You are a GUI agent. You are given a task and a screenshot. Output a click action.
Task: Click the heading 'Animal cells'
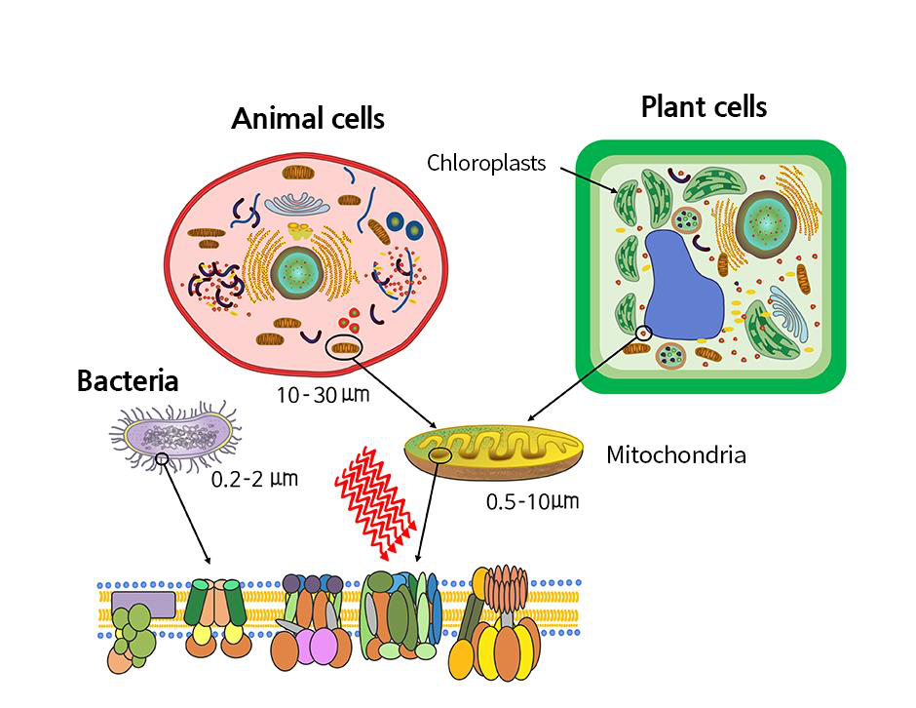point(308,119)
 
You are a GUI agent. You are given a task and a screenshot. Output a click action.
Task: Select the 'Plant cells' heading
point(704,106)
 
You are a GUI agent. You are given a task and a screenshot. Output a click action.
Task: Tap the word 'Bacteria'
point(128,380)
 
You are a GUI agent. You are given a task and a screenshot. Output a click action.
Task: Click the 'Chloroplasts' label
point(486,162)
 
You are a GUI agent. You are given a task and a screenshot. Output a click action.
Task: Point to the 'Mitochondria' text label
point(676,454)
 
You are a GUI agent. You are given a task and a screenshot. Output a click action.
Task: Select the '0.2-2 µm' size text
point(254,479)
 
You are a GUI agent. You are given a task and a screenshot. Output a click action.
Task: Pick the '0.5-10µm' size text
point(532,502)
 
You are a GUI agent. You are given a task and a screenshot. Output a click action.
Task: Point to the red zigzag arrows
point(374,498)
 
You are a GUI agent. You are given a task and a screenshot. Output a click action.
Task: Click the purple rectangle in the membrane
point(143,604)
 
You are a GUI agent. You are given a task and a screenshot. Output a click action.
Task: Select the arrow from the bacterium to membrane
point(186,511)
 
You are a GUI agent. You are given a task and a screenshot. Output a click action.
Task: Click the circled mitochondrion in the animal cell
point(345,346)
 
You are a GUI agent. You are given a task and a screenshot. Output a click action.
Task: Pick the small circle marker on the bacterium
point(162,457)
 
